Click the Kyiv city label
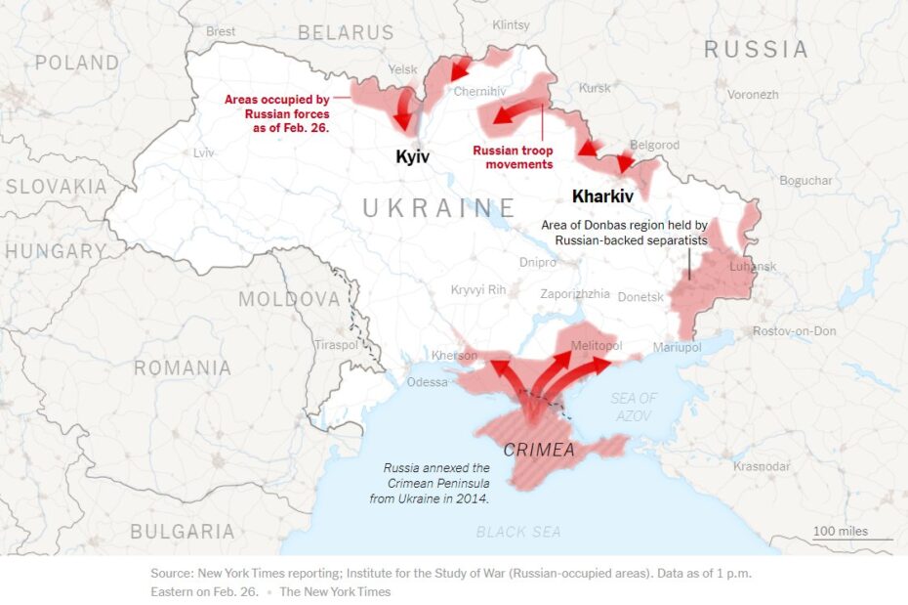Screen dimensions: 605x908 click(412, 157)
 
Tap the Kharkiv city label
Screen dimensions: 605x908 click(603, 196)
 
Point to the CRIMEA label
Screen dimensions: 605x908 click(539, 451)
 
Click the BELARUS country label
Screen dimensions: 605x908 click(346, 32)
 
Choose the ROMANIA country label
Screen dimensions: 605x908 click(183, 368)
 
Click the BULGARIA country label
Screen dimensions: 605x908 click(183, 532)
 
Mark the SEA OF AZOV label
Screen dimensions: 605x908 click(634, 408)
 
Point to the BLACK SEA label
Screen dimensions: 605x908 click(518, 532)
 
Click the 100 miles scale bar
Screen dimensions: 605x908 click(853, 533)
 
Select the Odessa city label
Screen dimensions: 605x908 click(428, 382)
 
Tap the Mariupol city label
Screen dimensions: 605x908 click(677, 347)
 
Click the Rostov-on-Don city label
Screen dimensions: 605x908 click(794, 331)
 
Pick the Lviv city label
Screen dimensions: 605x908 click(203, 153)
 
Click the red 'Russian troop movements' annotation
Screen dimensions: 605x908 click(513, 157)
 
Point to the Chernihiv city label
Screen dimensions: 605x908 click(479, 92)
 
